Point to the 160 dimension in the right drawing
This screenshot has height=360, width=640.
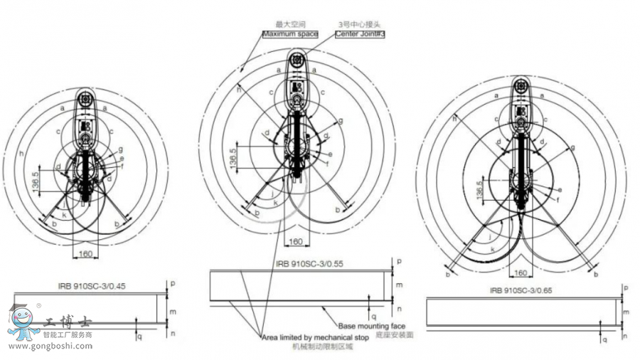520,272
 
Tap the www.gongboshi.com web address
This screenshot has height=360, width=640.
50,346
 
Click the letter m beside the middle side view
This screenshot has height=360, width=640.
399,285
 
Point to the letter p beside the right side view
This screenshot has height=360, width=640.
626,288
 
